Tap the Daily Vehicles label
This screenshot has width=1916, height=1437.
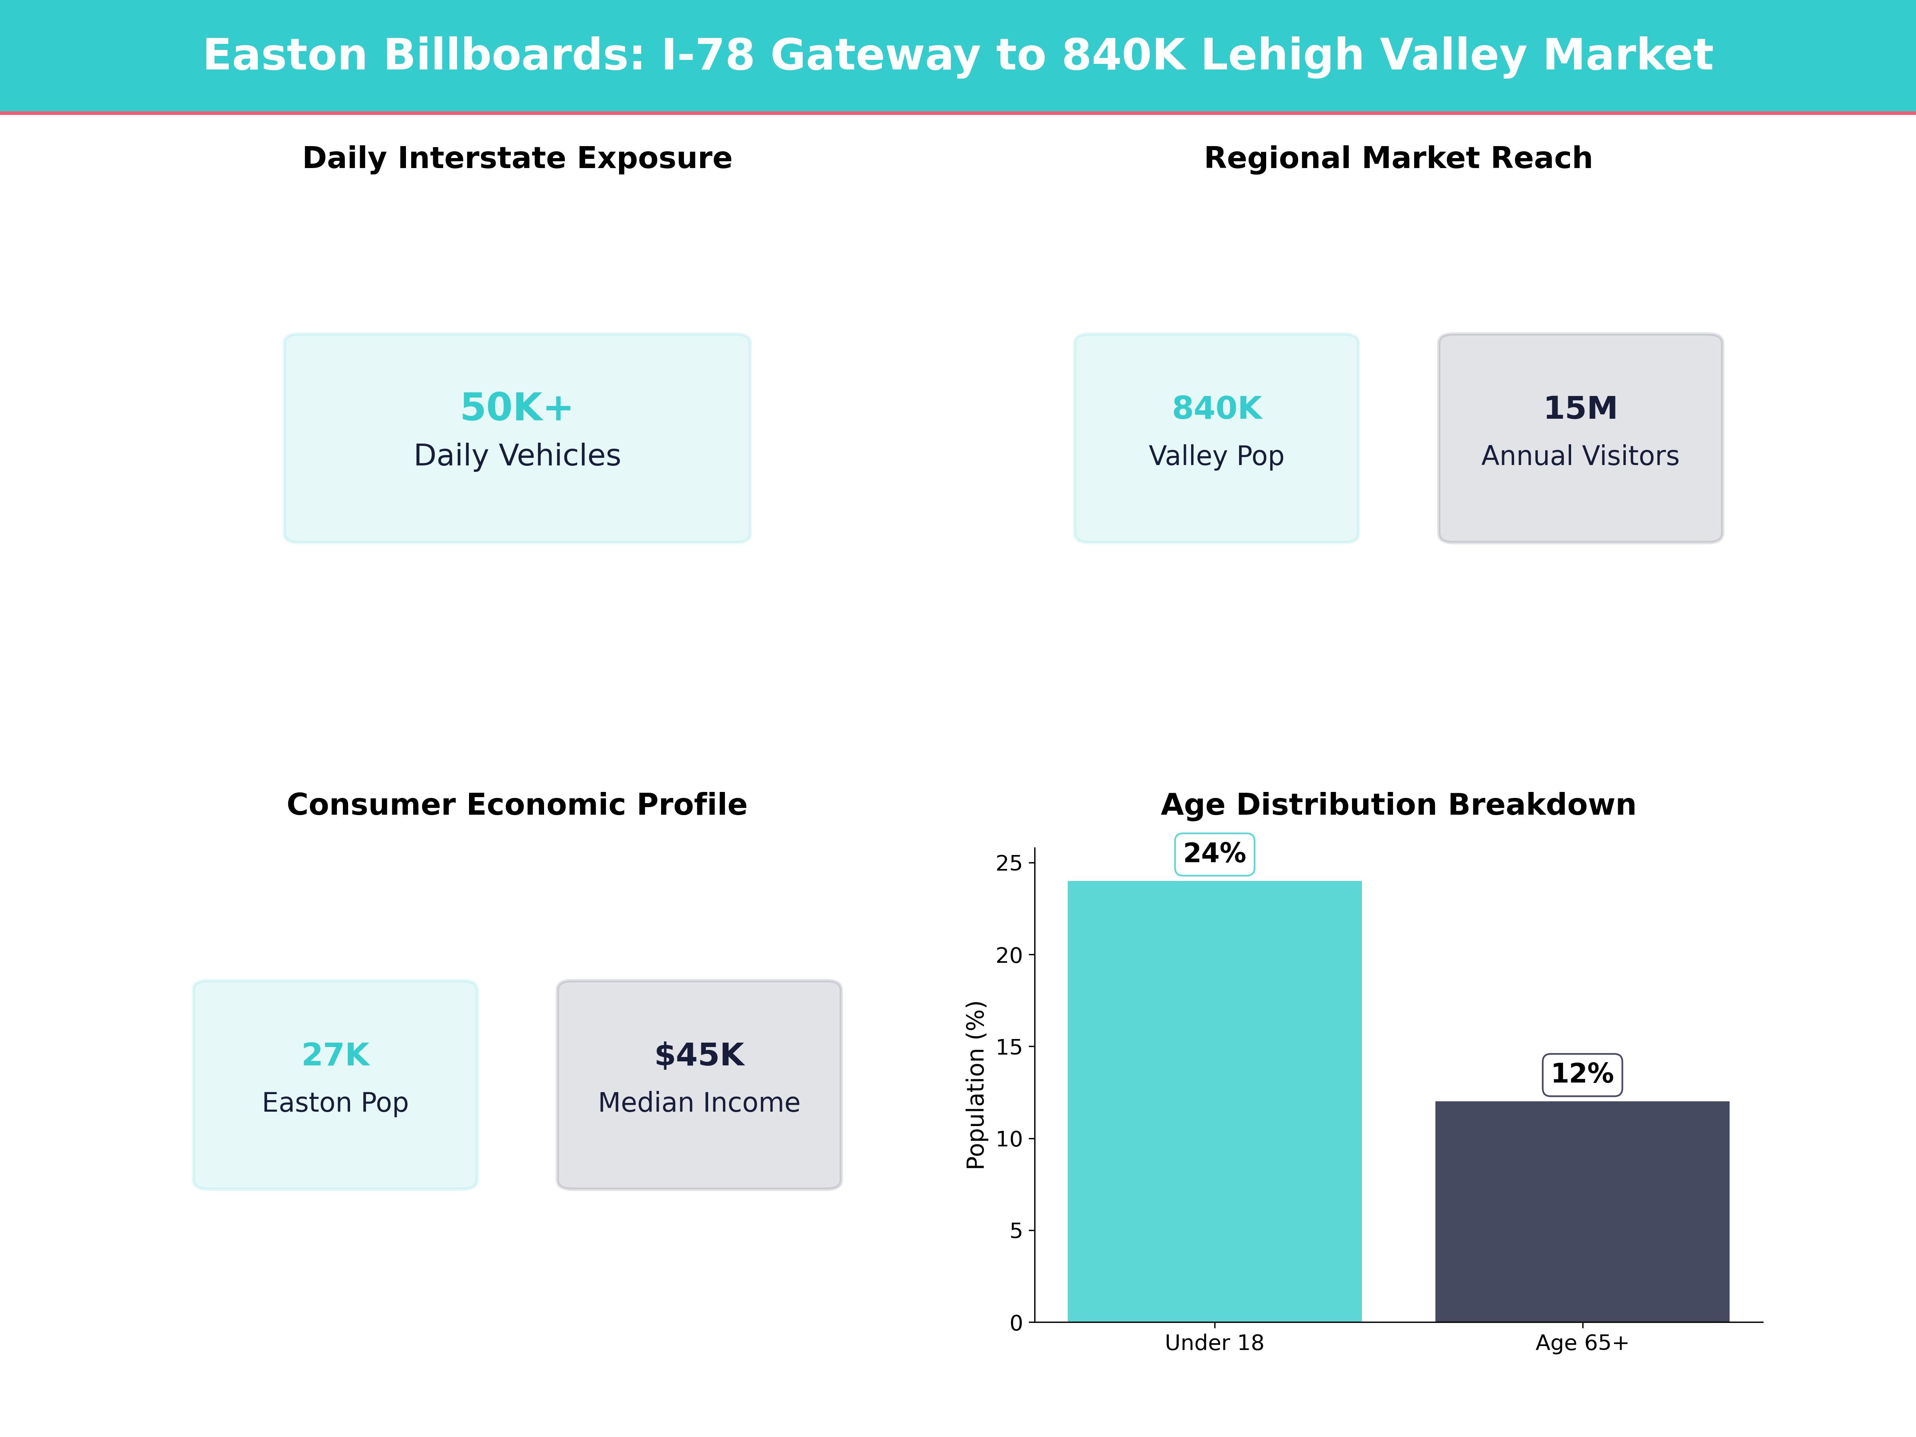pyautogui.click(x=517, y=455)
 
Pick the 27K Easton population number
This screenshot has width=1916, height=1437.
pyautogui.click(x=335, y=1055)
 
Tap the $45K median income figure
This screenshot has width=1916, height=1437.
pyautogui.click(x=699, y=1055)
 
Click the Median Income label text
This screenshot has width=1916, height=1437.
pyautogui.click(x=699, y=1102)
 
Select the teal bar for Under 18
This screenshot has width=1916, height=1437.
pyautogui.click(x=1214, y=1100)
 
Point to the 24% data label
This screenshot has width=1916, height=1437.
pyautogui.click(x=1214, y=854)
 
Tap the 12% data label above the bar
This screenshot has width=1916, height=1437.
pyautogui.click(x=1581, y=1074)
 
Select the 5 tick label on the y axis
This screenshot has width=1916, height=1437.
pyautogui.click(x=1015, y=1231)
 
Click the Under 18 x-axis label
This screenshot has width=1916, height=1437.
pyautogui.click(x=1214, y=1344)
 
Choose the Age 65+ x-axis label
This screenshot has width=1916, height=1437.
pyautogui.click(x=1581, y=1344)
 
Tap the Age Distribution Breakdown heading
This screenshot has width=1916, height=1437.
pyautogui.click(x=1398, y=805)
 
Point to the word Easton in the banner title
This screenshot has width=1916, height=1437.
pyautogui.click(x=286, y=55)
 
